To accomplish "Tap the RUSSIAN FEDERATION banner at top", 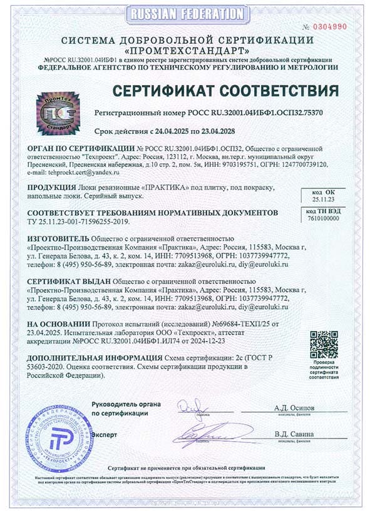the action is [185, 14].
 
